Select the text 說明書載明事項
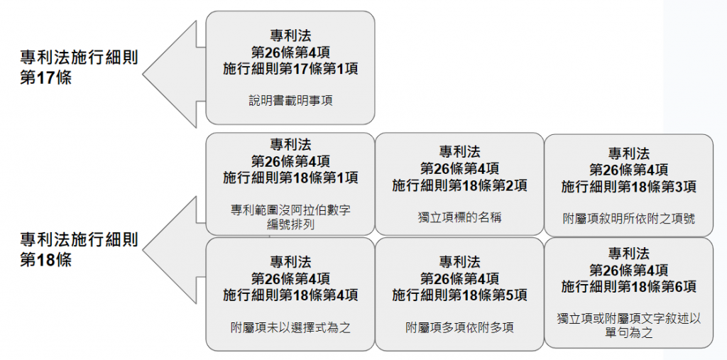[290, 101]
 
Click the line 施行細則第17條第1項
[290, 68]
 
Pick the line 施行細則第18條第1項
[290, 178]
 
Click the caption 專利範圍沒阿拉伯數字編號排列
[290, 217]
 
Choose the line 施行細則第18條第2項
[459, 185]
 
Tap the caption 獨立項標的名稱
[459, 217]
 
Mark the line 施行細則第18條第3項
[628, 186]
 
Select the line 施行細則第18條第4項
[290, 295]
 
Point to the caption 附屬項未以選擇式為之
[290, 327]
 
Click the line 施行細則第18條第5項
[459, 295]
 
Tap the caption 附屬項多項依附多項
[459, 327]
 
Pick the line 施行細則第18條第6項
[628, 286]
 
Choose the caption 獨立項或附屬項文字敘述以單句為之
[628, 325]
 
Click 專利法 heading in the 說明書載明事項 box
[290, 35]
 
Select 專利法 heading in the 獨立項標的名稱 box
[459, 151]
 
